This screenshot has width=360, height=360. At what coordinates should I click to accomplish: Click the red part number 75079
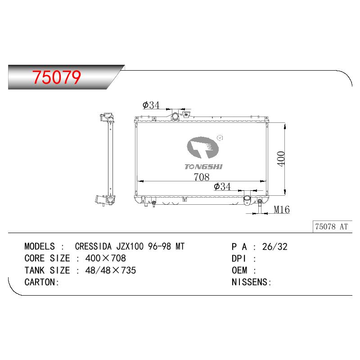(x=57, y=77)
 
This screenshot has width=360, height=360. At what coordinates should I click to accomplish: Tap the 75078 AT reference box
(x=332, y=227)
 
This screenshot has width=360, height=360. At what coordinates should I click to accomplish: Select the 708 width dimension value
(x=202, y=177)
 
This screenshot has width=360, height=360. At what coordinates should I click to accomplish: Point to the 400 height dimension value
(x=281, y=159)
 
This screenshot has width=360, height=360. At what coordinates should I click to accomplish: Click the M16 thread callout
(x=282, y=209)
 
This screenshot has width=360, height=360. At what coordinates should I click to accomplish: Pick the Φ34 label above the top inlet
(x=151, y=105)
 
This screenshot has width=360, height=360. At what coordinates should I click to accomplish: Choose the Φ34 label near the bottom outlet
(x=222, y=186)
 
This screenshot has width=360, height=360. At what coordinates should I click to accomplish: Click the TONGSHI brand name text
(x=204, y=166)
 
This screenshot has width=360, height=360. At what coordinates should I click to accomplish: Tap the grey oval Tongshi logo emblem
(x=203, y=148)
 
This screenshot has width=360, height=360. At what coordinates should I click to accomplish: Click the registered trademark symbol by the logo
(x=220, y=138)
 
